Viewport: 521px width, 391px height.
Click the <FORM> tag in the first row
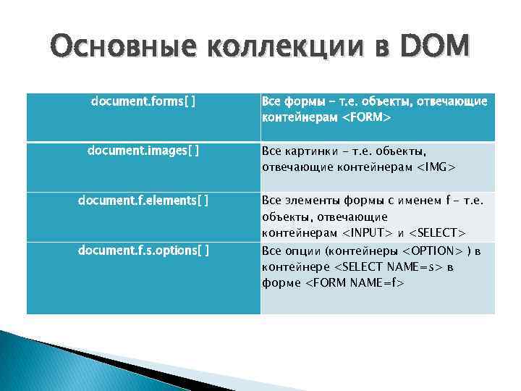coord(366,117)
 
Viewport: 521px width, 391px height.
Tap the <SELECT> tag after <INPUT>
coord(437,233)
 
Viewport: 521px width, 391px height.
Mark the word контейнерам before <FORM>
coord(300,117)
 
